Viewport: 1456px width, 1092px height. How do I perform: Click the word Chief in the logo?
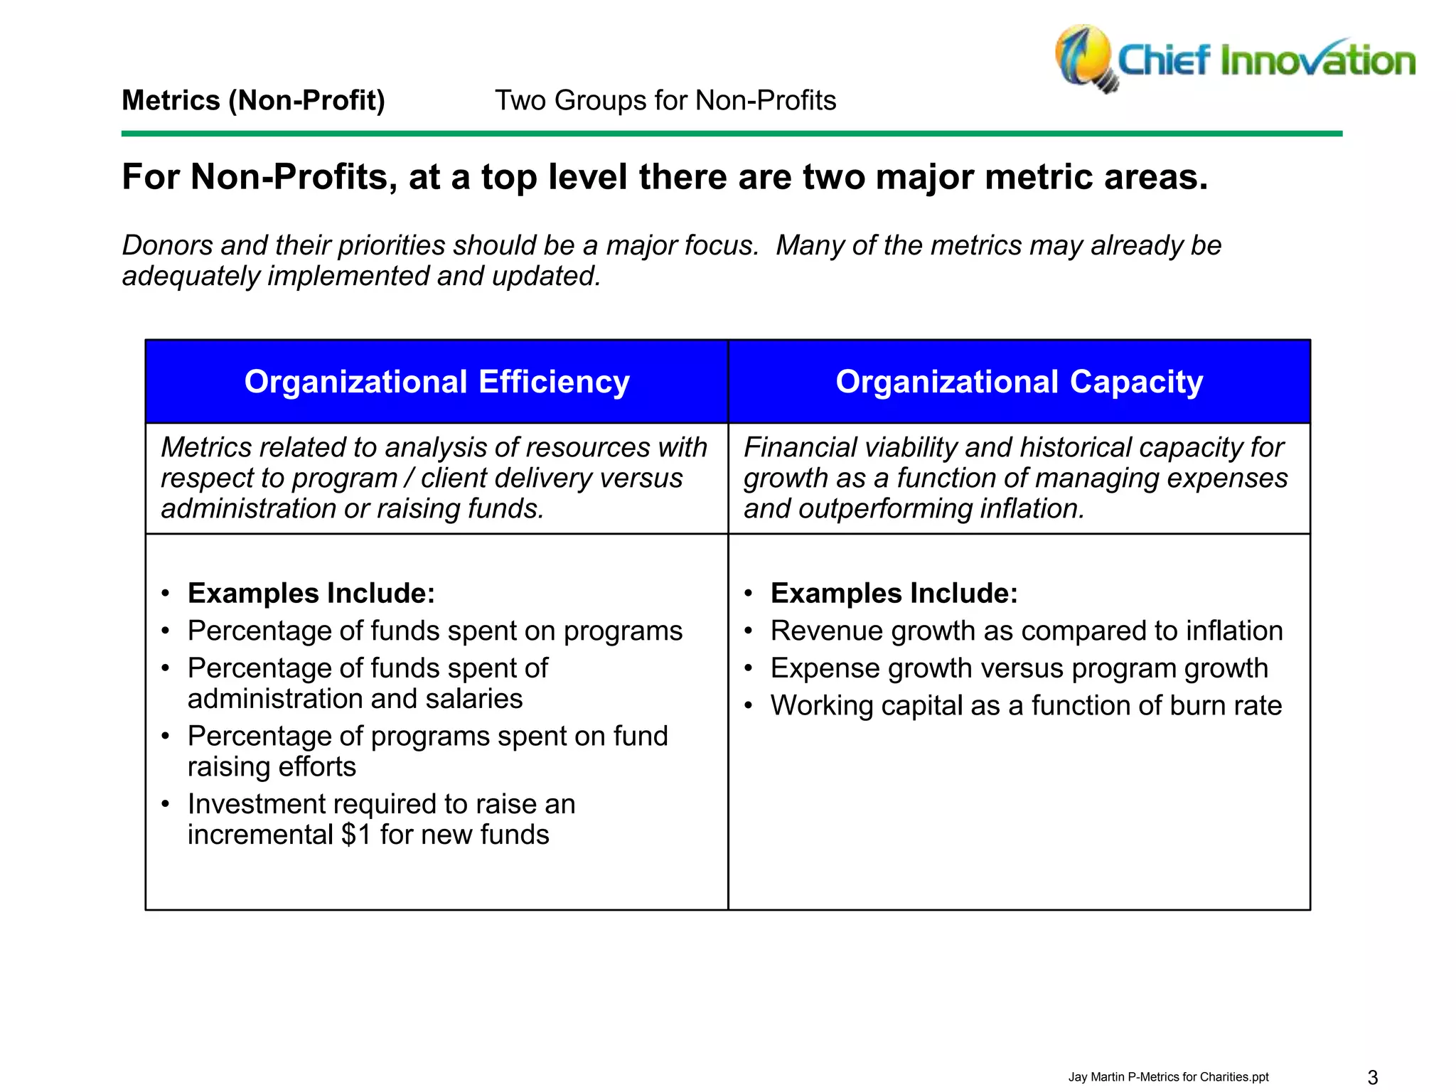[1164, 60]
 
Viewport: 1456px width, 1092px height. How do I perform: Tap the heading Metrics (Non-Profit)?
[253, 100]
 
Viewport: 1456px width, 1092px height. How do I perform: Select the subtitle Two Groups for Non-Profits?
[665, 100]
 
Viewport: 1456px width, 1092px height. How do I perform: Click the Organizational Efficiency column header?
[437, 382]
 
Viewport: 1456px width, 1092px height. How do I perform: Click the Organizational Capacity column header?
[1019, 382]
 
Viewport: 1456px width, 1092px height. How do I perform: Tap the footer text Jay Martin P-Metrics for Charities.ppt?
[1168, 1077]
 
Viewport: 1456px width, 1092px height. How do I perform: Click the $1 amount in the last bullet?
[356, 835]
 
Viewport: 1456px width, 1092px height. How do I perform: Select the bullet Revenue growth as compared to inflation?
[1027, 631]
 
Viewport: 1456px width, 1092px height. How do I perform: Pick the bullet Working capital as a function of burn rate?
[1026, 706]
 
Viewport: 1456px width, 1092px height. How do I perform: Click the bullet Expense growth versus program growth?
[1019, 668]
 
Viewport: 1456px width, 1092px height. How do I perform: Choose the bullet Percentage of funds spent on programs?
[434, 631]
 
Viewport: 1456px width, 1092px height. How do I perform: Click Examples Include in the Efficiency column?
[311, 594]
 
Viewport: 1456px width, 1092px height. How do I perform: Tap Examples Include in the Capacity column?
[894, 594]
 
